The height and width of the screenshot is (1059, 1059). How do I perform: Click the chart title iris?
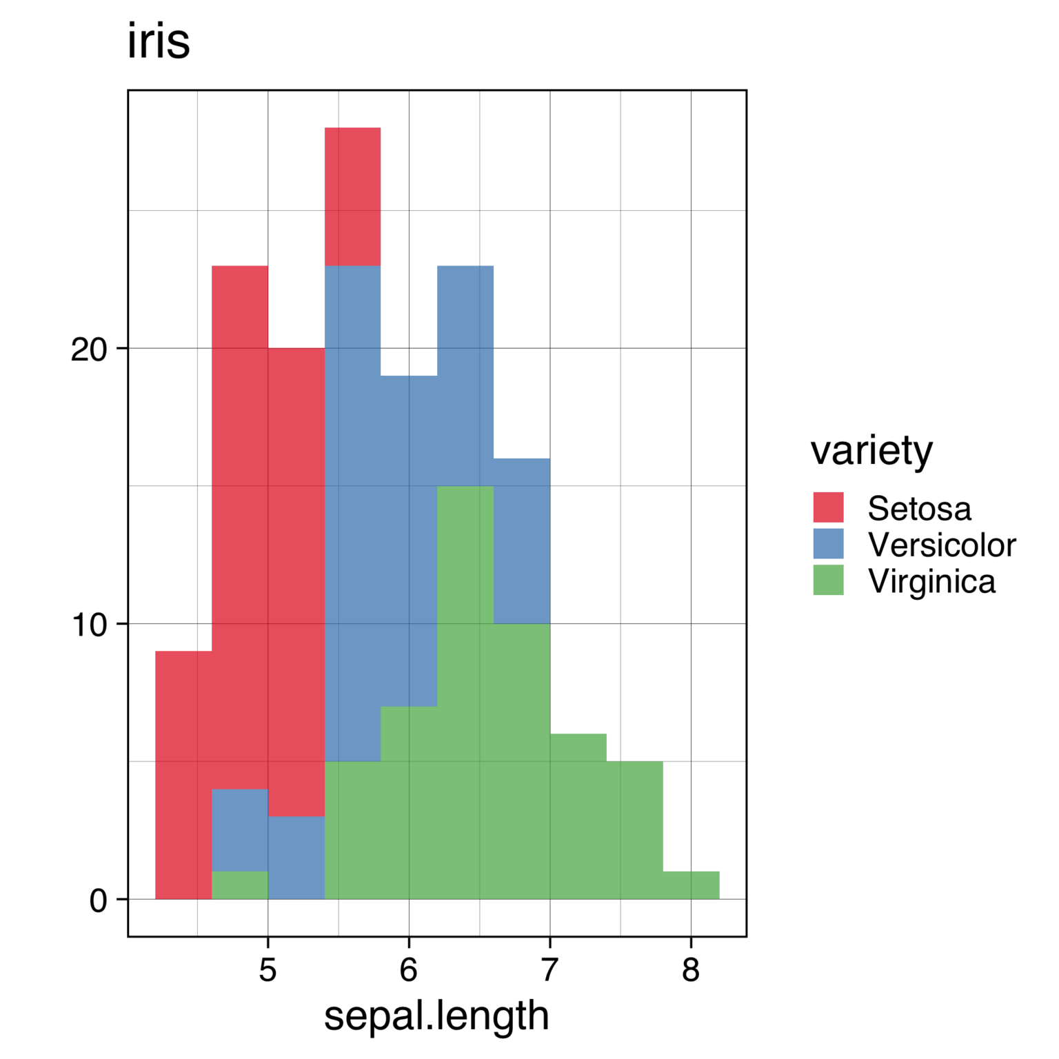(x=159, y=43)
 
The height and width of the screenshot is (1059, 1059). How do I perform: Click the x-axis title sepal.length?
(x=436, y=1016)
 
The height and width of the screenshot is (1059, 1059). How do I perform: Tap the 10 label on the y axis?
(x=90, y=625)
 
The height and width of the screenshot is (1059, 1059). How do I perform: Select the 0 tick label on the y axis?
(x=99, y=901)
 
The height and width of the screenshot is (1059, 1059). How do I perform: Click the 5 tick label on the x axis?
(x=268, y=970)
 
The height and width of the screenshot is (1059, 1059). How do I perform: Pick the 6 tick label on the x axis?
(x=409, y=970)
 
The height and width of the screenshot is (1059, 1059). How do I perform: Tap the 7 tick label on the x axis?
(x=549, y=970)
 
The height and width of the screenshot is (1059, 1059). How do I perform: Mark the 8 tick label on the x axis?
(x=690, y=970)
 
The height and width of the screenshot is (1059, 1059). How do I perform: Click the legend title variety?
(x=871, y=451)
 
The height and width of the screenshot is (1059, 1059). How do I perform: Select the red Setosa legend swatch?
(x=828, y=507)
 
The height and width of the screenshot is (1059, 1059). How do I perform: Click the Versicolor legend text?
(x=941, y=545)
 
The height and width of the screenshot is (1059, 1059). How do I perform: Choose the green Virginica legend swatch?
(x=828, y=580)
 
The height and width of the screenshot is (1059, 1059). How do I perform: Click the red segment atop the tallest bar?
(x=352, y=196)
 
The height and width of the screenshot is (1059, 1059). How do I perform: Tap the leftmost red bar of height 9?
(x=183, y=775)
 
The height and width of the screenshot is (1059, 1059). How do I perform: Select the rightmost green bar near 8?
(x=691, y=885)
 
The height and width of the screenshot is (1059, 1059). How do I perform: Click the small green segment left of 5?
(x=240, y=885)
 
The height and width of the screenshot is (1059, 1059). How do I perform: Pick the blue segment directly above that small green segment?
(x=240, y=830)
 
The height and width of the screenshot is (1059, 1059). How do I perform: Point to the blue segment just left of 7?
(x=522, y=541)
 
